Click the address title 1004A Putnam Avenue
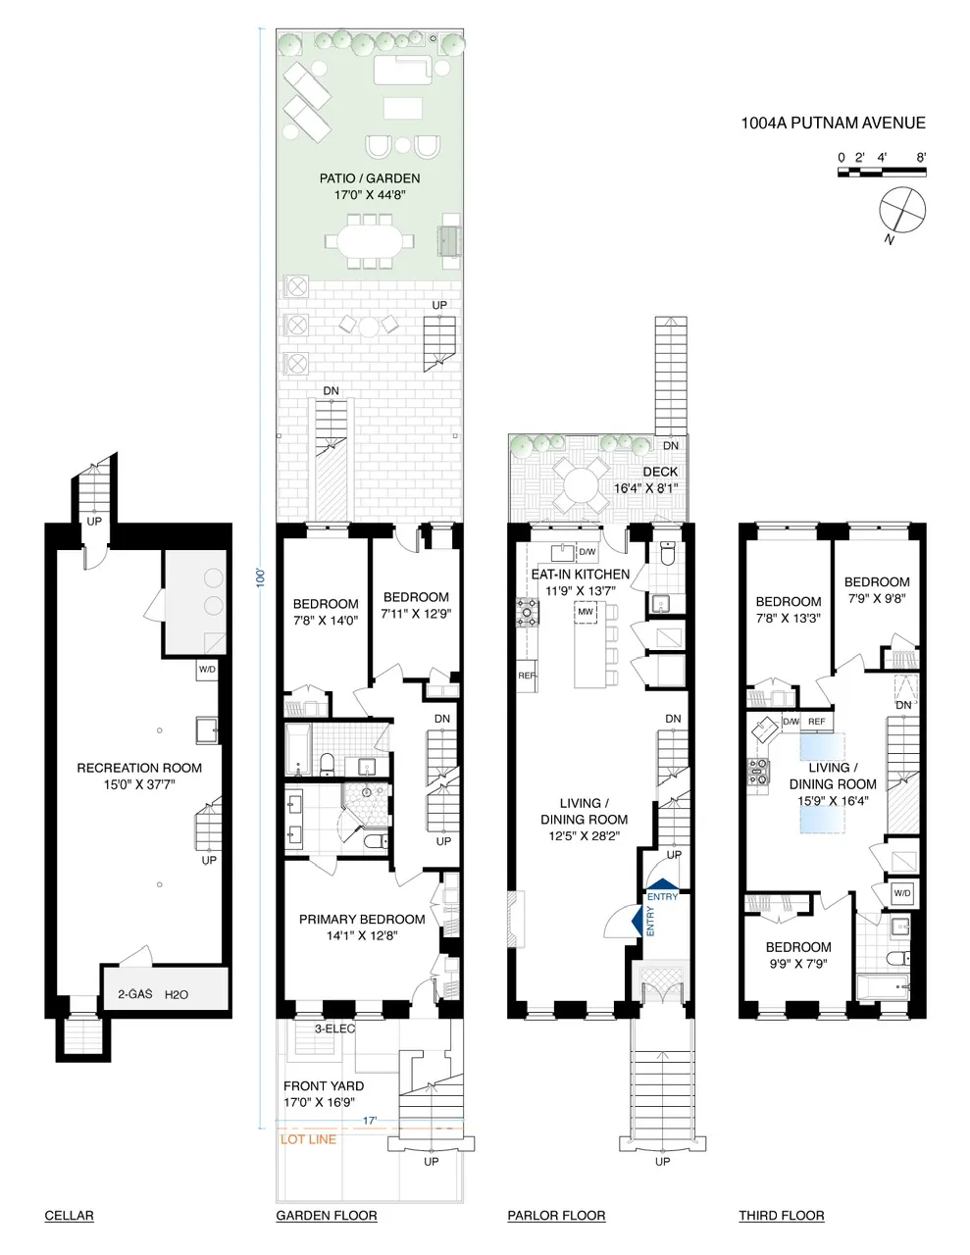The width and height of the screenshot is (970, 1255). pyautogui.click(x=833, y=123)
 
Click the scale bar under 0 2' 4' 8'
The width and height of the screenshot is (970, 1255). pyautogui.click(x=881, y=173)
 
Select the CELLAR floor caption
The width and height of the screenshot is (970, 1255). pyautogui.click(x=69, y=1216)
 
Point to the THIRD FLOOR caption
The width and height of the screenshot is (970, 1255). pyautogui.click(x=781, y=1216)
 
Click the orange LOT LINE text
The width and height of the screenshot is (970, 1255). pyautogui.click(x=308, y=1139)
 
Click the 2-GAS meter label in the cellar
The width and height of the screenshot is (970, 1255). pyautogui.click(x=135, y=994)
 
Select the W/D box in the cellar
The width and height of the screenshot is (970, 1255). pyautogui.click(x=207, y=671)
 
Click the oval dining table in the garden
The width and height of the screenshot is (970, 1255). pyautogui.click(x=371, y=240)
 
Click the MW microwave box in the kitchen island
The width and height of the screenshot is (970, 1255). pyautogui.click(x=586, y=612)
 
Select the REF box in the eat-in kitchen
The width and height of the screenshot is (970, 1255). pyautogui.click(x=528, y=675)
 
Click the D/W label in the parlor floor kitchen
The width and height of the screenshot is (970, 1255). pyautogui.click(x=587, y=552)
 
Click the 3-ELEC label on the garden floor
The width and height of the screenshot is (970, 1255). pyautogui.click(x=334, y=1029)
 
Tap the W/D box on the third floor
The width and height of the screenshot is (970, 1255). pyautogui.click(x=902, y=893)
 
